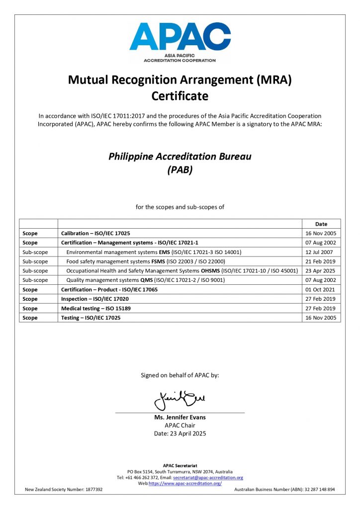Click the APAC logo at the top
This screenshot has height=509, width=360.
180,42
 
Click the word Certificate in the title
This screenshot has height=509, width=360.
180,95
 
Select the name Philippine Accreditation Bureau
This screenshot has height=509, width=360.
180,156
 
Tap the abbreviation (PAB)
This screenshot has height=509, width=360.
180,170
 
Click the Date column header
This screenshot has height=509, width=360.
321,224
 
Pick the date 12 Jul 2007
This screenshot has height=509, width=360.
321,252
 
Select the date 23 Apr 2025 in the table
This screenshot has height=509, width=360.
321,271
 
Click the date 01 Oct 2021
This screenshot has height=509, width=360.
321,289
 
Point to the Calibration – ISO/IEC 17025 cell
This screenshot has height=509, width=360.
95,233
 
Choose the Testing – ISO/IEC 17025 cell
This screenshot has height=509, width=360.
90,318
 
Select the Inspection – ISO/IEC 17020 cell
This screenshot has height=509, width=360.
94,299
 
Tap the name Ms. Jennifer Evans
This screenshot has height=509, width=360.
180,418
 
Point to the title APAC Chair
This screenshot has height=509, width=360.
180,425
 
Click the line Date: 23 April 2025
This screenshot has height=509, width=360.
180,433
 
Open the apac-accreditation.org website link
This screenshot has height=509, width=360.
185,484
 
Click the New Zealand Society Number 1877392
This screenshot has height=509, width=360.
64,490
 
